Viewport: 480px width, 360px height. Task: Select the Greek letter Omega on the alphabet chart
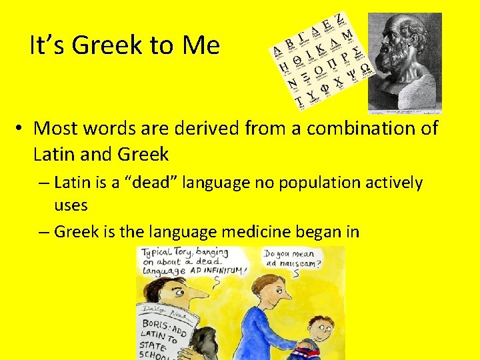point(365,69)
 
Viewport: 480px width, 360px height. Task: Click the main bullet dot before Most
point(22,128)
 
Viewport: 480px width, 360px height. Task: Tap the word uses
point(71,205)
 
